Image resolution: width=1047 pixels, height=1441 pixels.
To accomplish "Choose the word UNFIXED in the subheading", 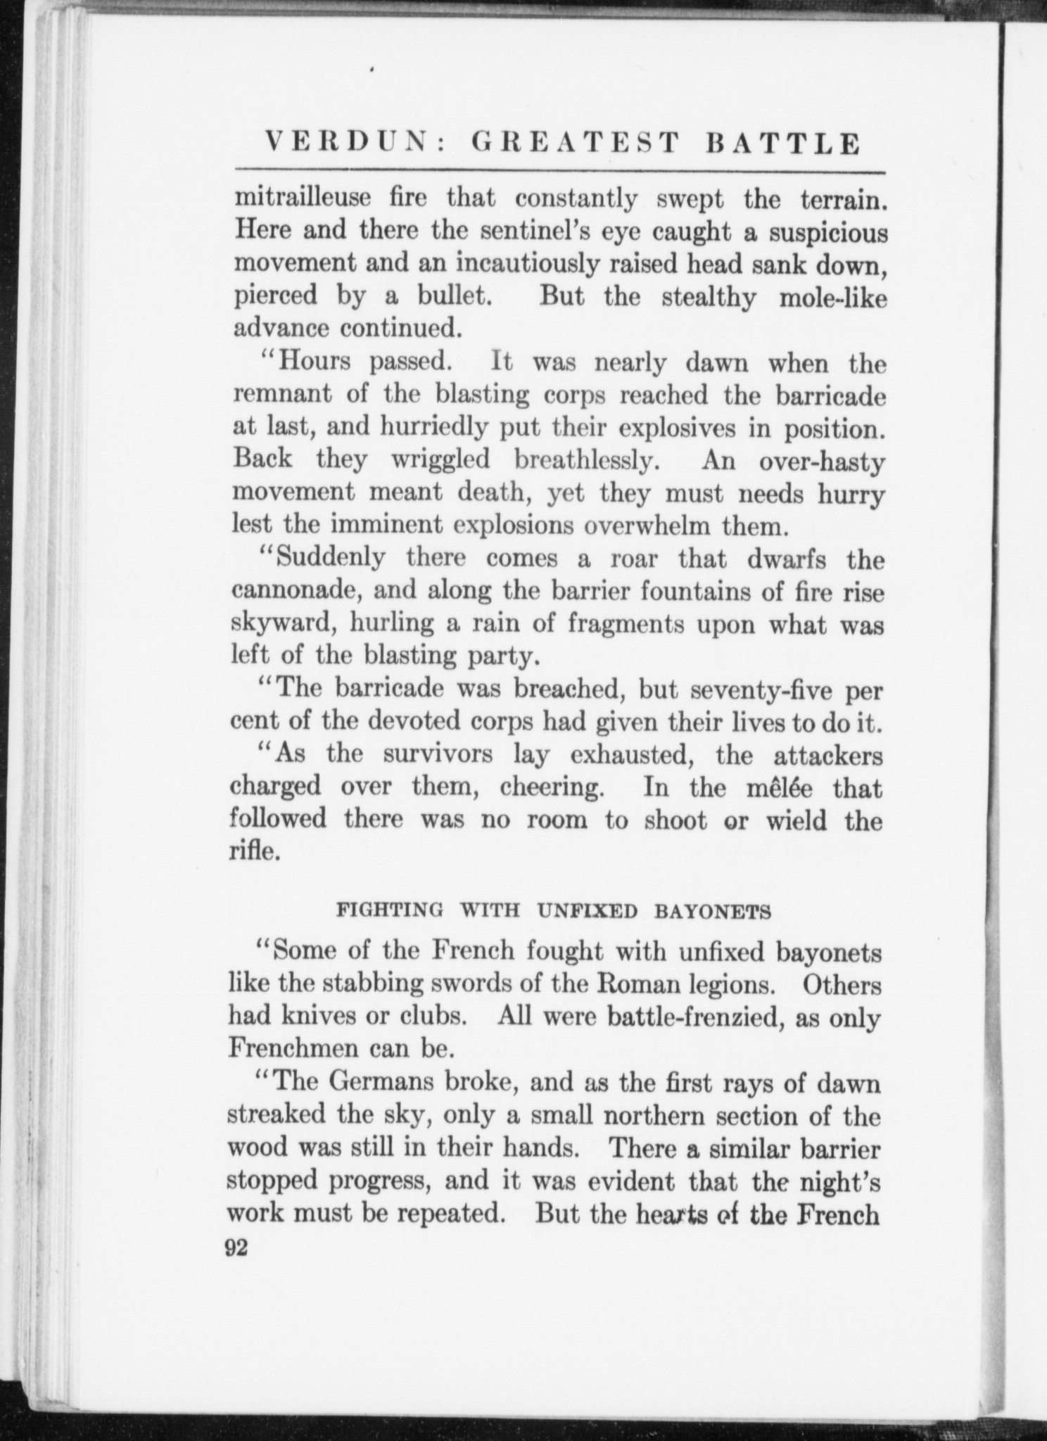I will [x=587, y=911].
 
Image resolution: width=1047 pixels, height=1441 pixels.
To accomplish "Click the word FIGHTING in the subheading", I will [x=391, y=911].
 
